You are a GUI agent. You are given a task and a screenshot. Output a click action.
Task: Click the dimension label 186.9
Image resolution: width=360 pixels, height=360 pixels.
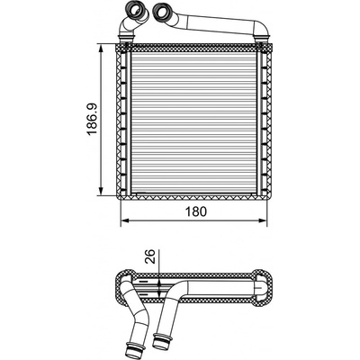[93, 119]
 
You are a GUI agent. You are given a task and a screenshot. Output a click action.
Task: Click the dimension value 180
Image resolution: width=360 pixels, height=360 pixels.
[196, 211]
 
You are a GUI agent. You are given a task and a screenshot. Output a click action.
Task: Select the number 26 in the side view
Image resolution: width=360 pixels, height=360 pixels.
[151, 256]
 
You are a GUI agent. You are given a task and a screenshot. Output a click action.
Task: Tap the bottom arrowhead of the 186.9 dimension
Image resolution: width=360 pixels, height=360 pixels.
[101, 191]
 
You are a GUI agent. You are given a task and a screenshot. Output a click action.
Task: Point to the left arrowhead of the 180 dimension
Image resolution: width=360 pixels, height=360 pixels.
[125, 220]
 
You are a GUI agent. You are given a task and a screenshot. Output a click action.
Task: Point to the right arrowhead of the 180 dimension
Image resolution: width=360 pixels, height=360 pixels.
[262, 220]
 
